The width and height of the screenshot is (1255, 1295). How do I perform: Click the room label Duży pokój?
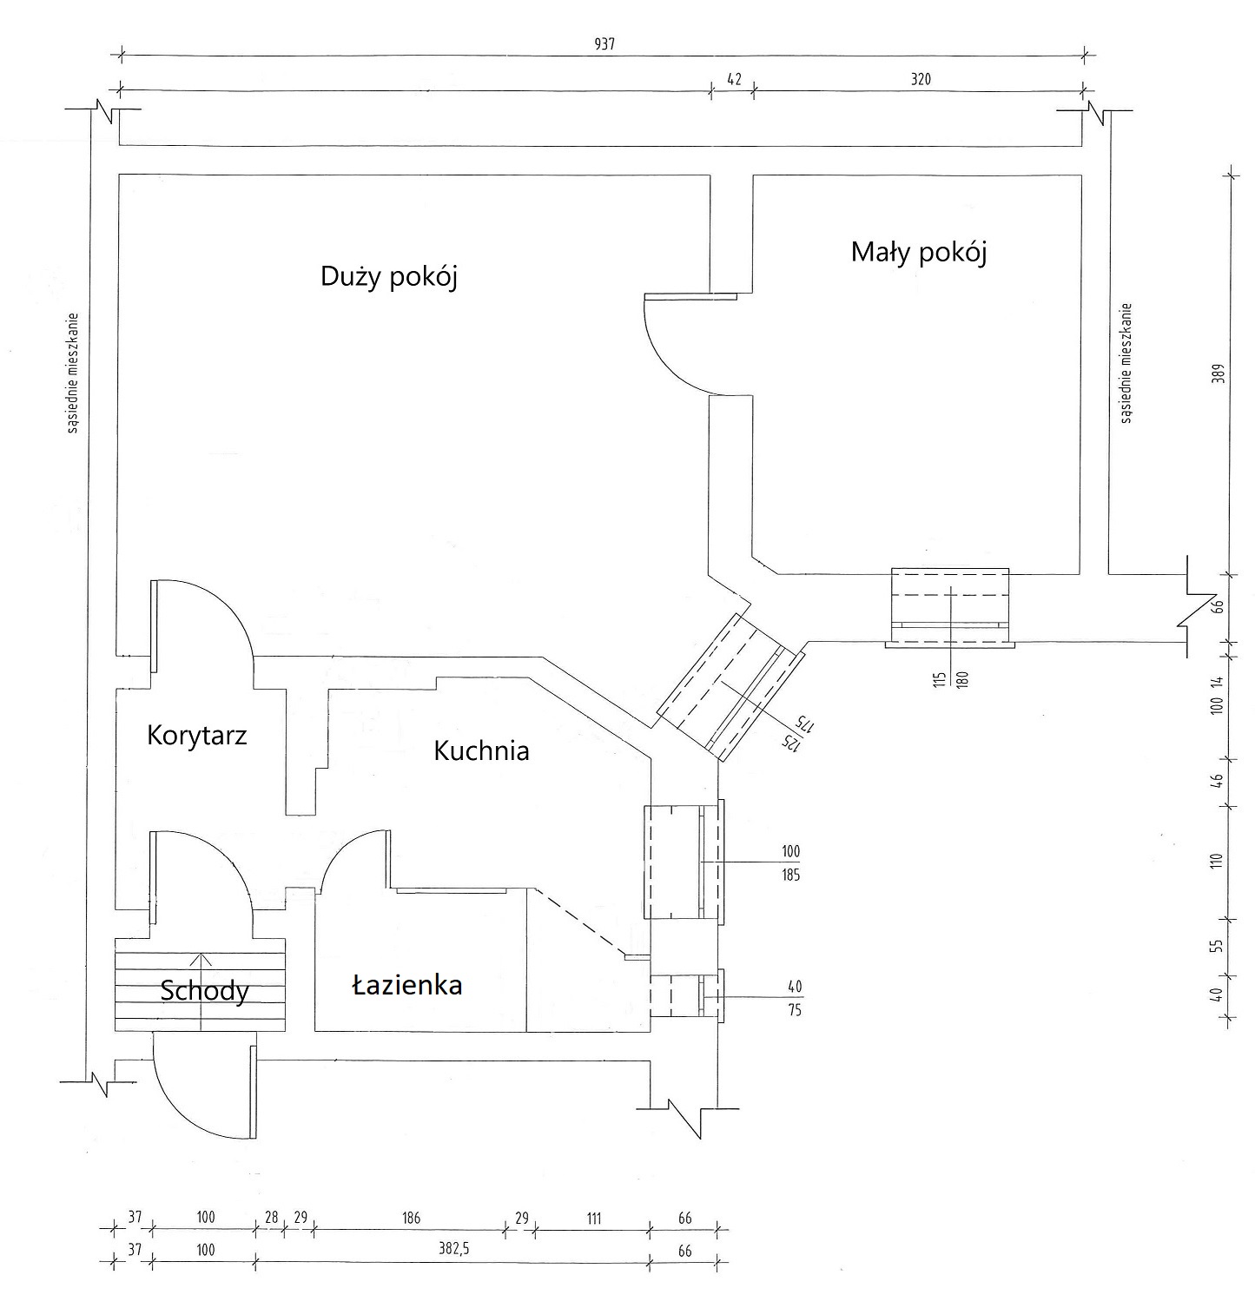point(388,276)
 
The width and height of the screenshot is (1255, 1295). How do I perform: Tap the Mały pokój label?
point(919,252)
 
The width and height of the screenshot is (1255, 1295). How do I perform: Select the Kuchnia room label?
point(481,750)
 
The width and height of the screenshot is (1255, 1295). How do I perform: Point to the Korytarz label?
point(197,736)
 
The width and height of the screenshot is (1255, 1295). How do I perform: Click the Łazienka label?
point(406,985)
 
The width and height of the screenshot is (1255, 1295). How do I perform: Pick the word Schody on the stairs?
point(205,991)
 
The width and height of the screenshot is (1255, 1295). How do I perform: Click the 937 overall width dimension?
point(604,45)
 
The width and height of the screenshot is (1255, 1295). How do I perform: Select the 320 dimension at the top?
point(921,79)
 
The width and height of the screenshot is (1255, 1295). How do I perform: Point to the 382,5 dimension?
point(452,1250)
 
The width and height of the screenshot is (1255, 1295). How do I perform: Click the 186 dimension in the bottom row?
point(411,1219)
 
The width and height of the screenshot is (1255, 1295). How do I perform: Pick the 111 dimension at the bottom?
point(593,1219)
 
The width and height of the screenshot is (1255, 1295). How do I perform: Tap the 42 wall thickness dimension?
point(734,79)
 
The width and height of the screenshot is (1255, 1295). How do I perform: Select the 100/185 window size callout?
point(790,863)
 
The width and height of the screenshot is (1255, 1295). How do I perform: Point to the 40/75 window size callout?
point(794,999)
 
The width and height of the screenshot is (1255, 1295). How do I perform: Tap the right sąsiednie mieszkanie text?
point(1127,363)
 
